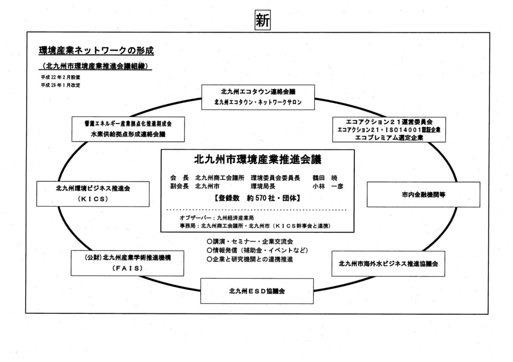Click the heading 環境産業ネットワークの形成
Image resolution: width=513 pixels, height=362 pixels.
96,51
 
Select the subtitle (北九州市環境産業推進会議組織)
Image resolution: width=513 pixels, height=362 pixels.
96,67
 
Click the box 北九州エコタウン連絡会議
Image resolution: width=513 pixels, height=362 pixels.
258,91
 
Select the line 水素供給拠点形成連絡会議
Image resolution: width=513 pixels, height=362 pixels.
128,133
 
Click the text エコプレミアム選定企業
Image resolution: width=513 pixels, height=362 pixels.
388,137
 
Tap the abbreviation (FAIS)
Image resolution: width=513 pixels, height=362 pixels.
127,269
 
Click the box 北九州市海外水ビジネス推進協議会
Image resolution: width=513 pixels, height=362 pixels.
388,264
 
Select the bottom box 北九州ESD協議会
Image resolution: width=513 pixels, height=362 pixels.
257,292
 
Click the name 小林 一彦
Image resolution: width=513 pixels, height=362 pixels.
325,186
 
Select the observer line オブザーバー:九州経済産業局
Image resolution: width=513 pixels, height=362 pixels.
216,218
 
